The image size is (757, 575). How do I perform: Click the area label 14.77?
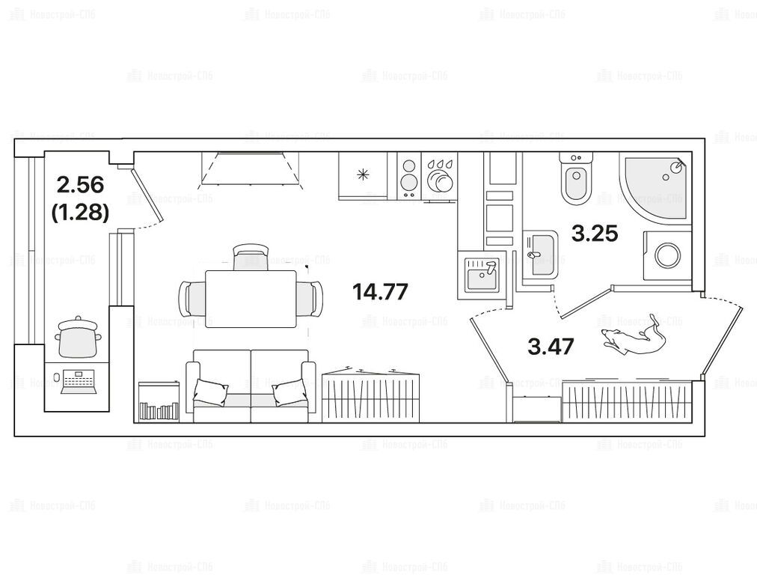(381, 291)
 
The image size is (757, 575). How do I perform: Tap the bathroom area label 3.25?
(595, 234)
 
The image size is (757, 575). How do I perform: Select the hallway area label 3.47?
(551, 347)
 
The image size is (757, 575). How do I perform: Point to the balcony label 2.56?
(80, 185)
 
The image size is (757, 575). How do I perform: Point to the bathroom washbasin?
(540, 255)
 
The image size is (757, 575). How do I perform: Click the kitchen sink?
(482, 274)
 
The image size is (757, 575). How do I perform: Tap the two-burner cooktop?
(409, 176)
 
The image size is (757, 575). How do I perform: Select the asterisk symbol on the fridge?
(363, 175)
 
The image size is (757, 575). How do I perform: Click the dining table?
(251, 299)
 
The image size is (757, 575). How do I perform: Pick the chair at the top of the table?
(251, 257)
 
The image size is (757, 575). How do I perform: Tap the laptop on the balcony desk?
(80, 382)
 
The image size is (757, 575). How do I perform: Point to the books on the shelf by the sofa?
(159, 412)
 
